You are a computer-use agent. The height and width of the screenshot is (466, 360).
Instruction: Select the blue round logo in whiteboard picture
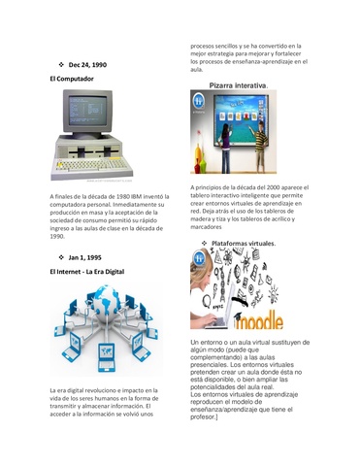(199, 100)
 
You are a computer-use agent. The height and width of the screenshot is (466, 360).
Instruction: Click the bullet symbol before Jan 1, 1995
(61, 257)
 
